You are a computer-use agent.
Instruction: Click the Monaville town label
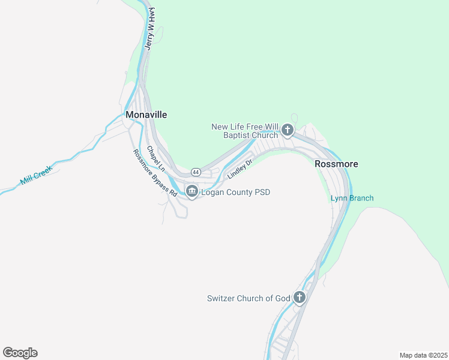[x=146, y=115]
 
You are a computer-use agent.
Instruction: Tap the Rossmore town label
[x=336, y=164]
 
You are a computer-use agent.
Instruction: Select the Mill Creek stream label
[x=36, y=175]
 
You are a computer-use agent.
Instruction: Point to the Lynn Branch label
[x=352, y=199]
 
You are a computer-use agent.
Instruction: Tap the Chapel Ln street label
[x=155, y=160]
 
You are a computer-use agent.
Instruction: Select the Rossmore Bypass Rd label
[x=155, y=173]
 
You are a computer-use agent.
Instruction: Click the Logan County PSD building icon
[x=192, y=192]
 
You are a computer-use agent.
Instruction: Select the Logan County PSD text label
[x=235, y=193]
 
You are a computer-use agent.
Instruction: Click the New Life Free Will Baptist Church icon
[x=288, y=130]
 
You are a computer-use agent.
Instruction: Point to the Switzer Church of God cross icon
[x=300, y=298]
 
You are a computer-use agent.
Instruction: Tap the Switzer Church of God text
[x=248, y=298]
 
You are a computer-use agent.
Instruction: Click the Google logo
[x=20, y=353]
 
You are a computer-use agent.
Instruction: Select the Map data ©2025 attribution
[x=423, y=355]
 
